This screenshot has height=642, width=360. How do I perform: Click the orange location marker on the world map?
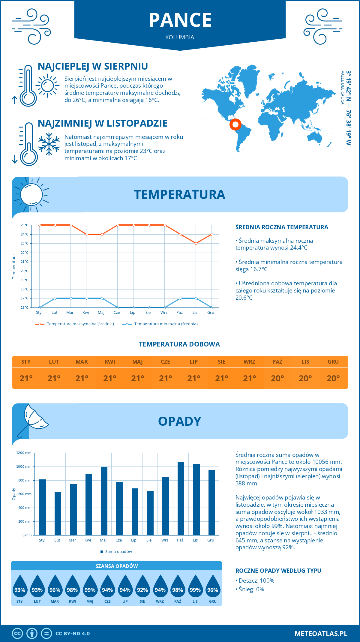(x=235, y=124)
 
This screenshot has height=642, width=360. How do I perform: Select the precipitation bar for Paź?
(x=181, y=499)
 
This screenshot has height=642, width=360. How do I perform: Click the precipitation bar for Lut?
(x=58, y=513)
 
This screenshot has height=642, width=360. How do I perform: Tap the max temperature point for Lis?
(x=196, y=243)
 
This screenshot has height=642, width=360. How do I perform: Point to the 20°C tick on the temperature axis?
(x=25, y=271)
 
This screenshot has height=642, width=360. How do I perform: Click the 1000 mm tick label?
(x=24, y=466)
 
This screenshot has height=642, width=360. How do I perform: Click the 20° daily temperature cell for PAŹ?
(x=277, y=378)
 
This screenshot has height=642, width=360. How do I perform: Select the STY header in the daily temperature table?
(x=26, y=362)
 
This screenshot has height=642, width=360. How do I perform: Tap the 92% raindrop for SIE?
(x=142, y=589)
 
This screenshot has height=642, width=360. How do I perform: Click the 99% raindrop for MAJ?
(x=90, y=589)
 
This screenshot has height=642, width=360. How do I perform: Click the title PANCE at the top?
(x=180, y=20)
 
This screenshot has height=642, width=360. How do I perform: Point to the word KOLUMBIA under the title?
(x=180, y=37)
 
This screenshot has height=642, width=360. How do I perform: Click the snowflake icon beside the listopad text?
(x=49, y=144)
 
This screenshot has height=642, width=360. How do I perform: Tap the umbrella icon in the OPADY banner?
(x=32, y=419)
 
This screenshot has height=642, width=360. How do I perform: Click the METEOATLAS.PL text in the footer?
(x=321, y=633)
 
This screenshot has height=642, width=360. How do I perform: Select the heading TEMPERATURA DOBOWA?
(x=179, y=344)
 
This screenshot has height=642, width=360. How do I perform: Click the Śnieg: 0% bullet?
(x=250, y=589)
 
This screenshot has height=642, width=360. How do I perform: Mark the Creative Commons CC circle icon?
(x=17, y=633)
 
